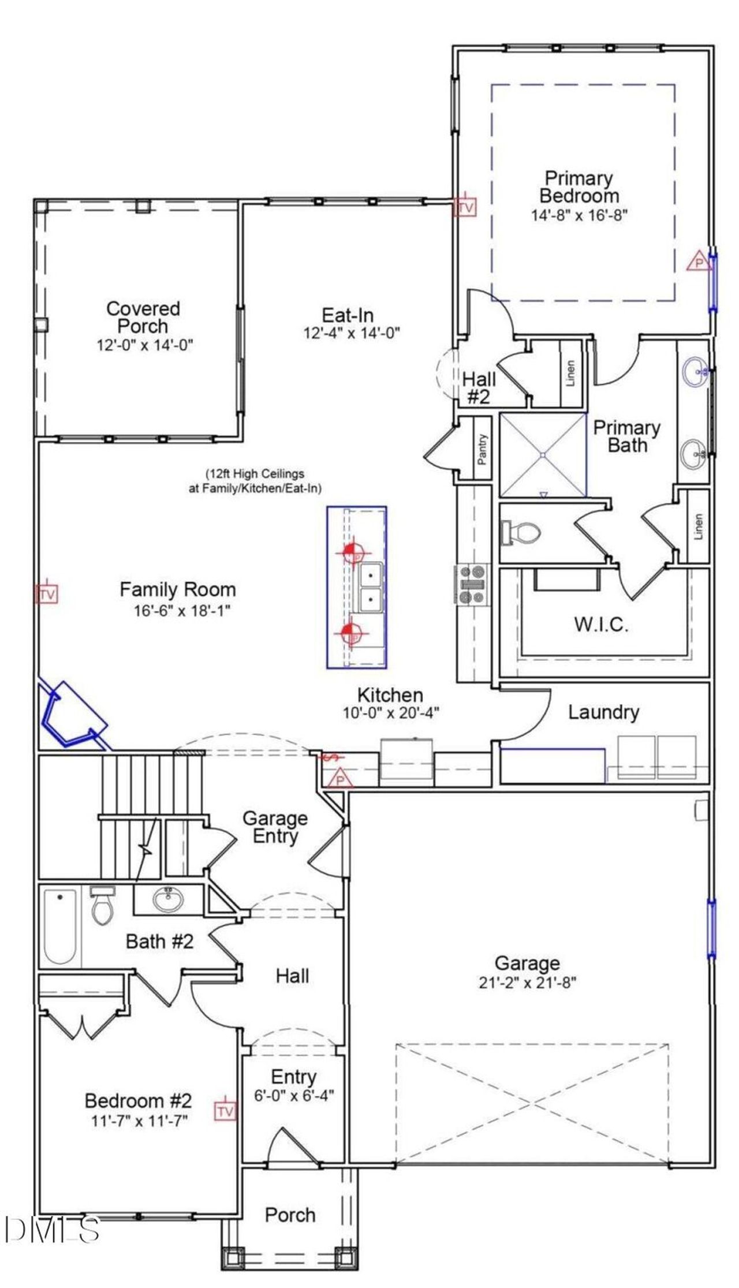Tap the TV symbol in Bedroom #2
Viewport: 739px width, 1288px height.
pos(225,1111)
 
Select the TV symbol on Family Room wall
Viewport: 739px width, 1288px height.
pos(47,594)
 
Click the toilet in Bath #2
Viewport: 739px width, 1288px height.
pos(103,906)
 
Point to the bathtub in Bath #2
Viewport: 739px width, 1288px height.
pos(60,927)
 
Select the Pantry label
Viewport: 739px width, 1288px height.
pos(482,449)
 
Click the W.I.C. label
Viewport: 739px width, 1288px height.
pos(601,625)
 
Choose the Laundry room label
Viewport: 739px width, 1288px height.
pos(603,712)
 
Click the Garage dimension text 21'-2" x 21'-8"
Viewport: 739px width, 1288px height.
pos(527,982)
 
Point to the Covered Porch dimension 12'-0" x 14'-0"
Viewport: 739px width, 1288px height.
pos(144,345)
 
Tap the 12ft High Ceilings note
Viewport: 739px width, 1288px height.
pos(255,480)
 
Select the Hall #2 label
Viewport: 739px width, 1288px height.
pos(479,387)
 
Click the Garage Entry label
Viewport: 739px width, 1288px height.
pos(275,827)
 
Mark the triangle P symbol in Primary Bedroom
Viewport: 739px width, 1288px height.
pos(698,262)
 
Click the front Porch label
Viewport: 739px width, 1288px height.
pos(290,1215)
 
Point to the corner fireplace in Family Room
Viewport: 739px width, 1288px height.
pos(70,716)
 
